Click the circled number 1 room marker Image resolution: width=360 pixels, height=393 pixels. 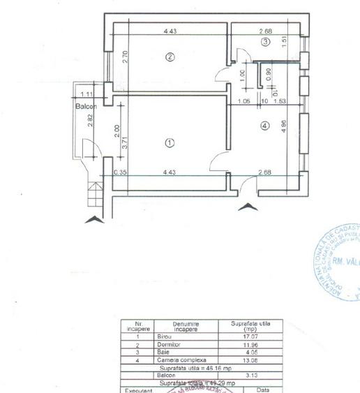click(169, 142)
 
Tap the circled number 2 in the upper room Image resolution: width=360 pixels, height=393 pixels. click(169, 57)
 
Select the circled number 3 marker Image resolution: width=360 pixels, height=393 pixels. click(265, 43)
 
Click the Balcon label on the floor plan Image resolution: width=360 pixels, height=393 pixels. click(87, 106)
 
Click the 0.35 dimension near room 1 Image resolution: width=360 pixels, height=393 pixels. click(119, 170)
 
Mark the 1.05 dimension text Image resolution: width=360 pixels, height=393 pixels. click(243, 101)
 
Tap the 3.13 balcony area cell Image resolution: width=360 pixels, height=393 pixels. click(248, 375)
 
